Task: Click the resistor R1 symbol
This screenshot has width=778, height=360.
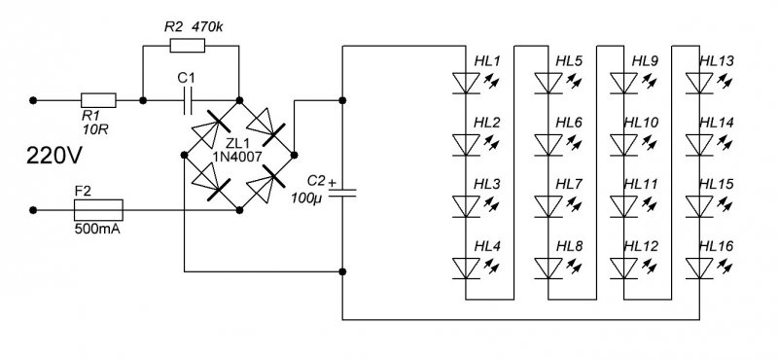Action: coord(98,99)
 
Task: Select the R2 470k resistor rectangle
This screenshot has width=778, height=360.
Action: coord(187,46)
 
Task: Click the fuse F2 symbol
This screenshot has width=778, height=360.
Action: coord(98,208)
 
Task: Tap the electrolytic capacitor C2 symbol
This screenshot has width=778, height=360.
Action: coord(341,191)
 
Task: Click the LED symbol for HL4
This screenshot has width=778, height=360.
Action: coord(465,266)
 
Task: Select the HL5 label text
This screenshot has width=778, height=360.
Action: coord(569,62)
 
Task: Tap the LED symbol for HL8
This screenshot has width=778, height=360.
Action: coord(548,266)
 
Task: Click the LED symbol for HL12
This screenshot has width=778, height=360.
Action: coord(622,266)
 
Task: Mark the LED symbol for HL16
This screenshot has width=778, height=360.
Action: coord(699,266)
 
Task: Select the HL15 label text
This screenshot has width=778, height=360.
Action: coord(721,185)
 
